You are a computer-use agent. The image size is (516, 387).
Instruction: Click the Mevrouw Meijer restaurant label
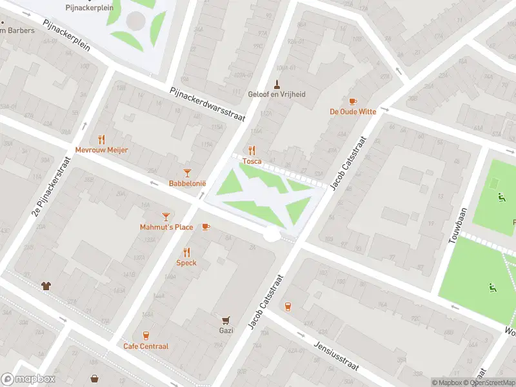[102, 150]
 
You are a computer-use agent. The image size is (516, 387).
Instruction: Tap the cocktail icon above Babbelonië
[187, 172]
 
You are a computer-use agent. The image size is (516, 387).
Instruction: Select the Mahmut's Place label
[166, 227]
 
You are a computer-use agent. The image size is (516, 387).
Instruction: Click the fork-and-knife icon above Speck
[186, 252]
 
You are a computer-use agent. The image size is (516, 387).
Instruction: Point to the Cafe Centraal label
[146, 346]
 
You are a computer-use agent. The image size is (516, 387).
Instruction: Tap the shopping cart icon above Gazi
[226, 320]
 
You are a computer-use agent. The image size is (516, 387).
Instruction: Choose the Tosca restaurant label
[252, 161]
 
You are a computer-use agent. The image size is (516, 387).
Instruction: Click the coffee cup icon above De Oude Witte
[352, 101]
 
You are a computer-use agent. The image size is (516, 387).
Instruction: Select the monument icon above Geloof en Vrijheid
[277, 84]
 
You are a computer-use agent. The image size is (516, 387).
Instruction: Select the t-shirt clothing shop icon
[46, 285]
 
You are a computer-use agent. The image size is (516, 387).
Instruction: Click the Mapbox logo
[28, 379]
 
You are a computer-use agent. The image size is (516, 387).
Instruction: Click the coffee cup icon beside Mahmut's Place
[206, 226]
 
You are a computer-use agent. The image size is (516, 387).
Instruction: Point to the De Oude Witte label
[352, 112]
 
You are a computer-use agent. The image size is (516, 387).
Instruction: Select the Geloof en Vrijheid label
[277, 94]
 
